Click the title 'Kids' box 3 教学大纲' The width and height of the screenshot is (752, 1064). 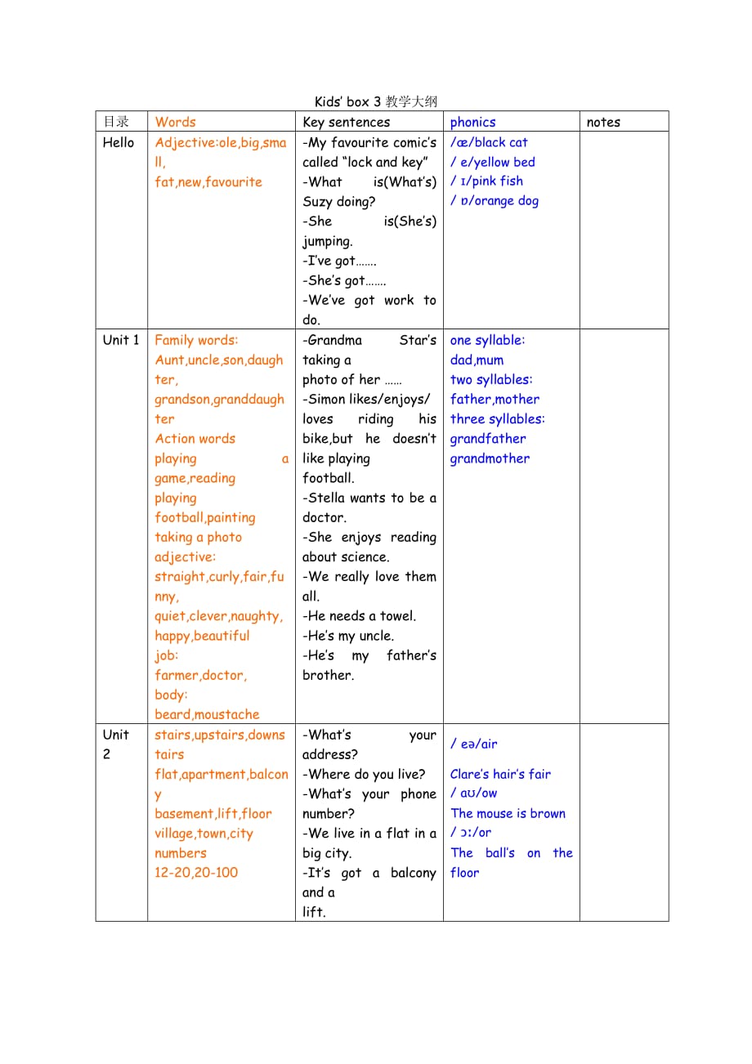375,102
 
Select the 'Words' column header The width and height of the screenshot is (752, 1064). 175,122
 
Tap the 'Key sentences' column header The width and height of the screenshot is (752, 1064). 346,123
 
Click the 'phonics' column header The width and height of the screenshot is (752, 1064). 472,123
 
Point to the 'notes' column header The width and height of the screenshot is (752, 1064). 603,123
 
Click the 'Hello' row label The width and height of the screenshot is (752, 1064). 119,142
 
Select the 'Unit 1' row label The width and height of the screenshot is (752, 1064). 121,340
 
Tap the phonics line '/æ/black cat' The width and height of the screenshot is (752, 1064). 489,142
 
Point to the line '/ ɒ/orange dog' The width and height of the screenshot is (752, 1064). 495,201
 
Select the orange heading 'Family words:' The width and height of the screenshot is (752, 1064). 196,340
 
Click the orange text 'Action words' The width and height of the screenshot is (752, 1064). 195,439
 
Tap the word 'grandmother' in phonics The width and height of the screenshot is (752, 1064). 490,458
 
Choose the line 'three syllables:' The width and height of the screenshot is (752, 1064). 497,419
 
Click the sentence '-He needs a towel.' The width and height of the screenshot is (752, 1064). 359,616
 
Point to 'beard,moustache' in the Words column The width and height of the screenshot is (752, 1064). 207,714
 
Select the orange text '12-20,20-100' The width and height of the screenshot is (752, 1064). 196,872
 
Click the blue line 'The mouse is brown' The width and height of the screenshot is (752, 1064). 508,813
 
